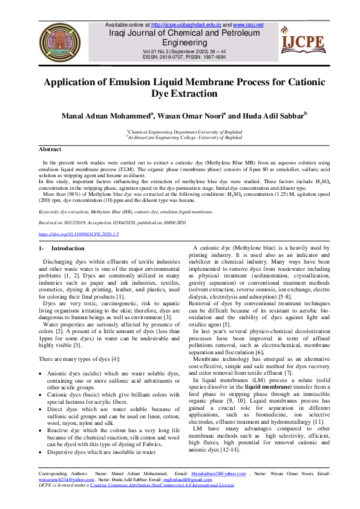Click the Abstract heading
pos(50,149)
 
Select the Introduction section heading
pos(68,248)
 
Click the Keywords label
pos(50,212)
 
